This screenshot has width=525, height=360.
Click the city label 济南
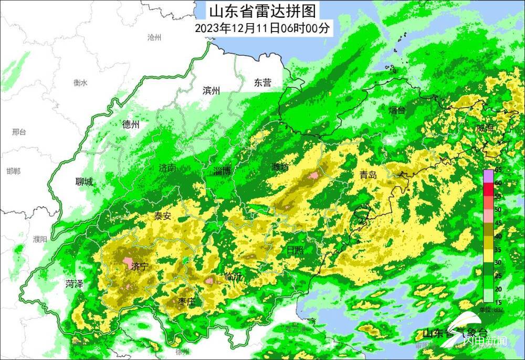[167, 168]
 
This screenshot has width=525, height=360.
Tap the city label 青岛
[368, 175]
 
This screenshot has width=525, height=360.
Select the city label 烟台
[397, 110]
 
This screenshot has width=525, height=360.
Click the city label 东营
[262, 82]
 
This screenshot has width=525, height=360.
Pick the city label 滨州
[211, 90]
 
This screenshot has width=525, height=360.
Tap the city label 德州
[131, 124]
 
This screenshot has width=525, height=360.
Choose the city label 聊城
[84, 182]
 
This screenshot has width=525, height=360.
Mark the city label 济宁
[139, 266]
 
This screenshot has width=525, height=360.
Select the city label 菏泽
[74, 284]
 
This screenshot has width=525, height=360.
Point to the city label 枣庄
[186, 301]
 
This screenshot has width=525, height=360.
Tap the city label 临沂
[233, 277]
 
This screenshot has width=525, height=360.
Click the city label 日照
[295, 250]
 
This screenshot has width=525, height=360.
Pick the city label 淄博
[223, 171]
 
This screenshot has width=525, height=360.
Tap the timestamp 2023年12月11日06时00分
[262, 28]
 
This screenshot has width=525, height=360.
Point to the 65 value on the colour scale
[498, 170]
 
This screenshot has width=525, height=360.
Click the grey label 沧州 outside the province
[154, 37]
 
